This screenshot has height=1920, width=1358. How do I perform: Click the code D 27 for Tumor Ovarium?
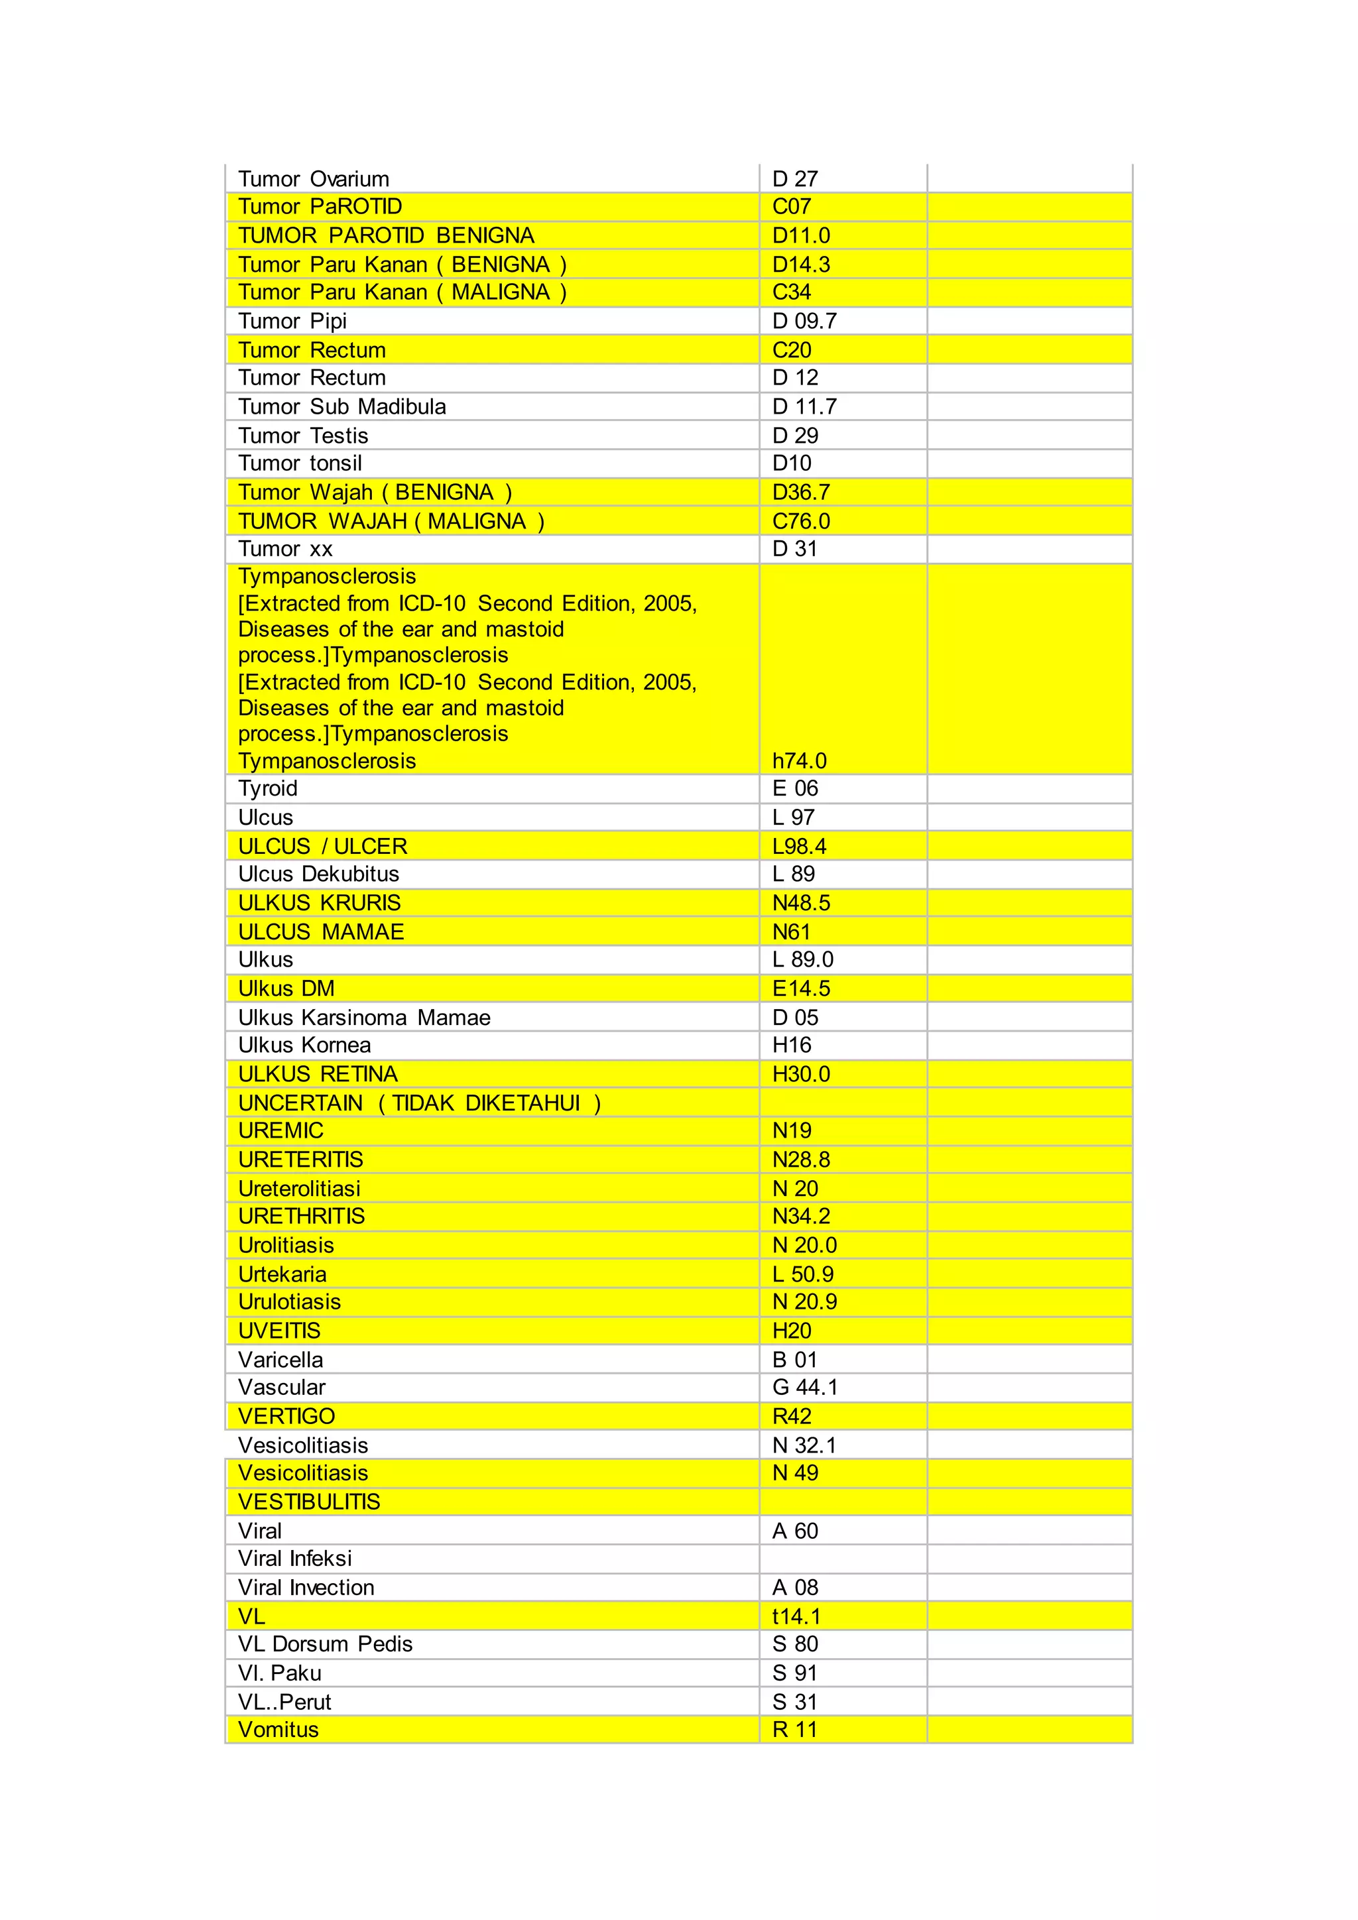(x=794, y=179)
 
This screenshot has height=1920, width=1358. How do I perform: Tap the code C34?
(x=791, y=292)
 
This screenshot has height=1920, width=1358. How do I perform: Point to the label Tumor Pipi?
(x=292, y=321)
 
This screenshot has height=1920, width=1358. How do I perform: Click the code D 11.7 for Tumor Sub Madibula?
(x=804, y=407)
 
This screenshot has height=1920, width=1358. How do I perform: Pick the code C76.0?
(x=800, y=522)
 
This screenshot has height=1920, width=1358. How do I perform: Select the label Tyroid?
(x=268, y=788)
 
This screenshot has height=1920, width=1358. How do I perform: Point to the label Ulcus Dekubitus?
(x=318, y=874)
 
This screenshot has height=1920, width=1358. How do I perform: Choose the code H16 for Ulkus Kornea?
(x=791, y=1046)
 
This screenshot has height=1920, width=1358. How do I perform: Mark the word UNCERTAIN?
(x=300, y=1104)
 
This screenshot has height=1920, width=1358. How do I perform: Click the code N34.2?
(x=800, y=1217)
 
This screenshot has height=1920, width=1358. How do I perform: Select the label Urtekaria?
(x=282, y=1274)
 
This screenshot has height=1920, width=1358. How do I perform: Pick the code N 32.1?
(x=804, y=1446)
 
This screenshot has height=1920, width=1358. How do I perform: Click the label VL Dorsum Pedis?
(x=326, y=1644)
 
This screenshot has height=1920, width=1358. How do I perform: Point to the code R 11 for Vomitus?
(x=794, y=1729)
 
